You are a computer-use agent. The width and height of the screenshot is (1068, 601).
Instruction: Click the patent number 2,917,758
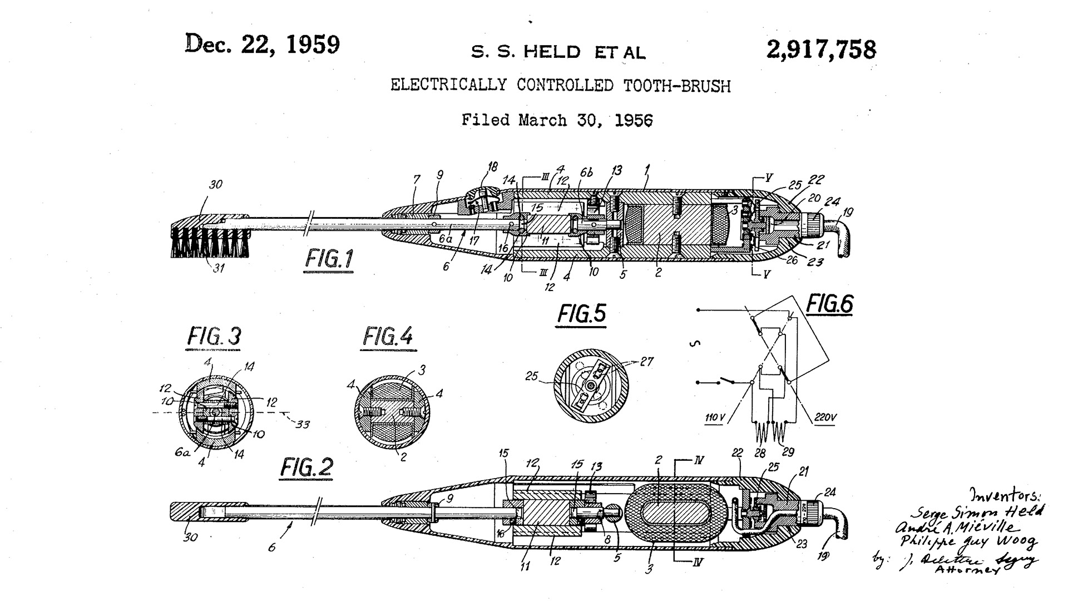pos(821,50)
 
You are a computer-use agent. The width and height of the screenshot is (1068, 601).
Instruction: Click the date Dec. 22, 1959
pos(263,45)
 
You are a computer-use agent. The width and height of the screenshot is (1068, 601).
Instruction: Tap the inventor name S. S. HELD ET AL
pos(558,52)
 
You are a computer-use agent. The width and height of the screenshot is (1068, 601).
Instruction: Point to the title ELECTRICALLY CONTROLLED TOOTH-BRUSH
pos(560,86)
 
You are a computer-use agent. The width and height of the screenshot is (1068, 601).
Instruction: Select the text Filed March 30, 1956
pos(557,120)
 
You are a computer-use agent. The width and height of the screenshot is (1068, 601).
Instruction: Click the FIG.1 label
pos(329,259)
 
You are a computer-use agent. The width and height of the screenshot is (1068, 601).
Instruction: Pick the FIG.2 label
pos(306,467)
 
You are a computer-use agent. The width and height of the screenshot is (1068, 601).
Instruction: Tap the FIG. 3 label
pos(214,337)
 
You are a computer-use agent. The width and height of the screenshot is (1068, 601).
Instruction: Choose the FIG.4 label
pos(388,336)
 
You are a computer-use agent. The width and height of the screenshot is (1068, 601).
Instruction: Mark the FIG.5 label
pos(582,314)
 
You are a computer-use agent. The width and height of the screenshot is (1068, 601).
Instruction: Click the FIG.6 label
pos(829,304)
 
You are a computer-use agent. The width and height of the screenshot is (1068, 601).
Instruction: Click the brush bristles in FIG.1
pos(210,242)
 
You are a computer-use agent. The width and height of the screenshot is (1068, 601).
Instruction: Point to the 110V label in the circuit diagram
pos(714,417)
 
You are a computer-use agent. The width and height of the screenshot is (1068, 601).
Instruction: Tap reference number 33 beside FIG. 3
pos(302,425)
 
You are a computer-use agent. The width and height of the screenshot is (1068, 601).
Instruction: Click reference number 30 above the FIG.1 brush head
pos(215,184)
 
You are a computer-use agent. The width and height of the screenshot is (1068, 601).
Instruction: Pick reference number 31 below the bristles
pos(219,268)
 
